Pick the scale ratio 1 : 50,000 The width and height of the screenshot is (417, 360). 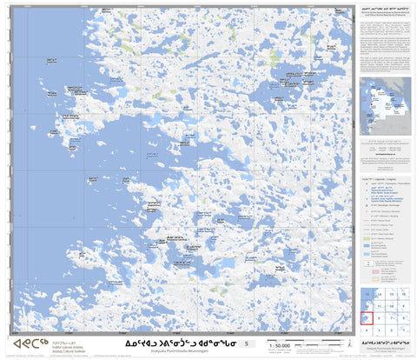(x=279, y=346)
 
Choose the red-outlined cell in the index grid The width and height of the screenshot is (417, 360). (x=367, y=318)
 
